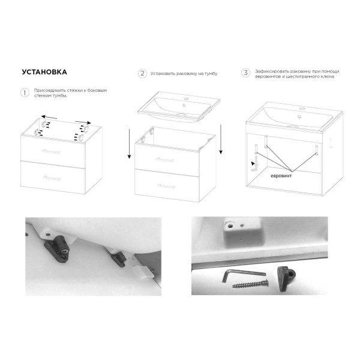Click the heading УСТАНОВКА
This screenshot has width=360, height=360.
click(x=44, y=72)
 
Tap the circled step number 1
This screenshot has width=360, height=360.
click(x=25, y=93)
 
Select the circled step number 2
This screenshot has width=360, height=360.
click(x=142, y=73)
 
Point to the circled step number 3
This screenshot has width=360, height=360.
click(x=245, y=73)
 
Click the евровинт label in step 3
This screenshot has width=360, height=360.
click(x=281, y=176)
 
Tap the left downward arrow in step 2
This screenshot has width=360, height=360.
click(x=129, y=144)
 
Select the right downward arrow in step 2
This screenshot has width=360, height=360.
click(x=221, y=139)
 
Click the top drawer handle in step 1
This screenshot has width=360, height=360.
click(x=51, y=151)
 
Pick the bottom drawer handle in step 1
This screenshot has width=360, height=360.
click(x=52, y=178)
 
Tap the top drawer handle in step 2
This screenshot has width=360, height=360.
click(x=165, y=160)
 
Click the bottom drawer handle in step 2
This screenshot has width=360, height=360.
click(x=166, y=186)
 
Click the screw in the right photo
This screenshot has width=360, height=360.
click(x=250, y=284)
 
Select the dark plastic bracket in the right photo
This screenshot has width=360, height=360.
click(x=286, y=278)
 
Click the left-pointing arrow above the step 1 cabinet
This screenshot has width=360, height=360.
click(x=49, y=118)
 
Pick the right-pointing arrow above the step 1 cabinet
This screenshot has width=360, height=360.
click(x=83, y=122)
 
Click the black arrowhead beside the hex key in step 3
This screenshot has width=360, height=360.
click(x=253, y=163)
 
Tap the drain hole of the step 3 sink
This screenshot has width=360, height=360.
click(x=299, y=116)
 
